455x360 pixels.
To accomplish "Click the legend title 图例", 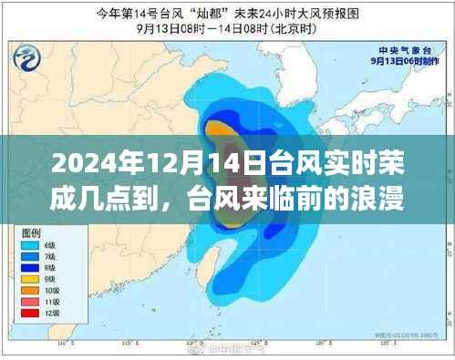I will pos(33,233).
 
